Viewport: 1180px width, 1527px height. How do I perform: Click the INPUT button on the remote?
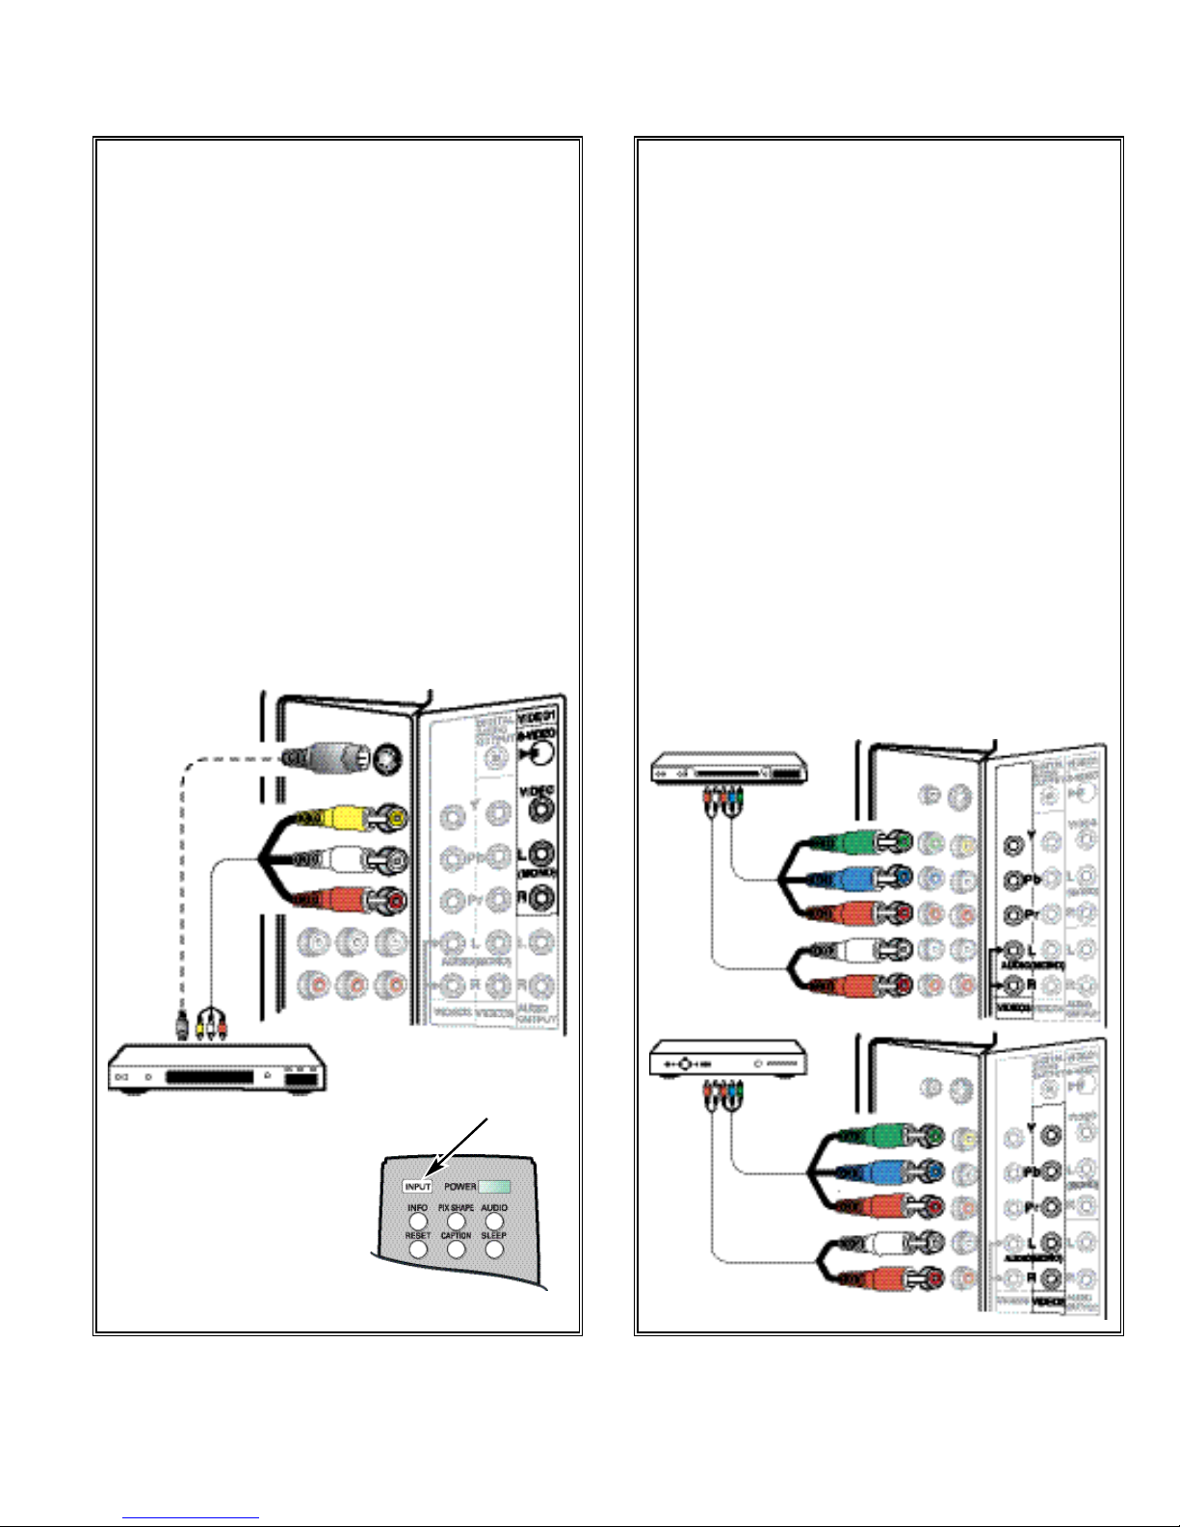point(417,1187)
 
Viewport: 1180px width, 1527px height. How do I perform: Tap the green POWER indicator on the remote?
point(494,1187)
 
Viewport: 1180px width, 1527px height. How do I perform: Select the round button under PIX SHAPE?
point(456,1222)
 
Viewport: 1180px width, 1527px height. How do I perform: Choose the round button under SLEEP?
point(494,1250)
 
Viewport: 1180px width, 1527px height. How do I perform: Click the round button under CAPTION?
point(456,1250)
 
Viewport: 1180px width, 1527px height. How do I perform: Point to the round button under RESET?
point(418,1250)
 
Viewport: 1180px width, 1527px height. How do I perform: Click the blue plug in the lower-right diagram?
point(878,1172)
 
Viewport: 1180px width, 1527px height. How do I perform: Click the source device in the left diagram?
point(218,1069)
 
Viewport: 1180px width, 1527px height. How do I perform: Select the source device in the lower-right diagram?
point(729,1060)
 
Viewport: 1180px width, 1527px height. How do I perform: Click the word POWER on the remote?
point(459,1187)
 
